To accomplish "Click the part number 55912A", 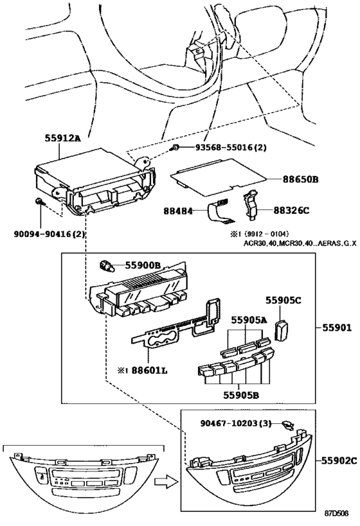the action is [x=63, y=138].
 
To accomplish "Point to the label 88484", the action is [x=178, y=211].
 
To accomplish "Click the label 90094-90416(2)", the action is [x=50, y=234].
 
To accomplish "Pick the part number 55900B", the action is [x=143, y=266].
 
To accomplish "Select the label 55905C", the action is [x=283, y=300].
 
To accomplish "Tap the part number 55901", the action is [x=337, y=328].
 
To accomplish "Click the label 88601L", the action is [x=149, y=371].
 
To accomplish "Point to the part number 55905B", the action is [x=241, y=395].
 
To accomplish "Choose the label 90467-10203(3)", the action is [x=236, y=423].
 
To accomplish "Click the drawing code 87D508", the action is [x=336, y=513].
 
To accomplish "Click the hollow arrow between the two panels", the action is [x=166, y=482].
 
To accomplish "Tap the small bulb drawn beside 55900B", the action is [x=107, y=267].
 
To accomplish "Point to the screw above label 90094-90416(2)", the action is [x=39, y=202].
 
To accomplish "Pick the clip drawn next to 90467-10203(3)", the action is [x=288, y=425].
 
